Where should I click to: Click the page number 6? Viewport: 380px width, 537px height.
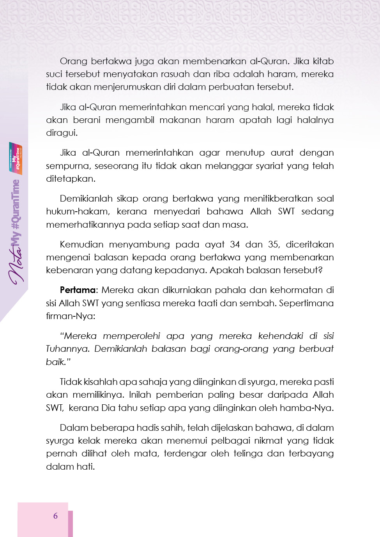tap(55, 516)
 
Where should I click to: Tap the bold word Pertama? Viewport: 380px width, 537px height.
tap(78, 290)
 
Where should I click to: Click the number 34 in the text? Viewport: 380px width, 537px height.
tap(235, 245)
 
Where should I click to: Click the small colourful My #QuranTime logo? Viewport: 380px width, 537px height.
tap(16, 158)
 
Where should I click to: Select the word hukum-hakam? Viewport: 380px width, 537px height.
tap(78, 212)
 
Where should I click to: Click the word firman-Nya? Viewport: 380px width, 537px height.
tap(70, 316)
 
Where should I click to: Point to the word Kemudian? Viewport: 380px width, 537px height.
tap(81, 245)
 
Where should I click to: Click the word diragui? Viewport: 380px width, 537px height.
tap(62, 133)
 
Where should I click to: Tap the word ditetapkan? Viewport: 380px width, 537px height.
tap(70, 179)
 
